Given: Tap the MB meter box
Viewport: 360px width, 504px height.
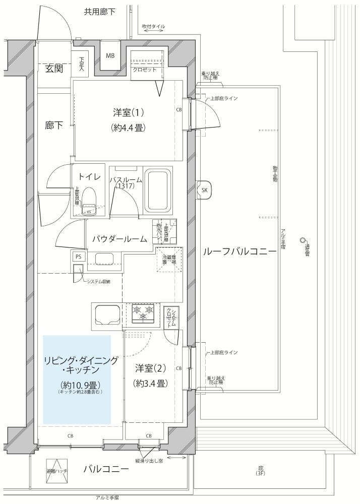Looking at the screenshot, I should (x=109, y=56).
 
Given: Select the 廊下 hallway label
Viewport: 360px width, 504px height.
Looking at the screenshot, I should (x=53, y=125).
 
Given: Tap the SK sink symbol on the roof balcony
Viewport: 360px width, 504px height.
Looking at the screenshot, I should (x=204, y=190).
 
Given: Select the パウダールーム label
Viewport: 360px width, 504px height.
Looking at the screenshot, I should (x=119, y=239).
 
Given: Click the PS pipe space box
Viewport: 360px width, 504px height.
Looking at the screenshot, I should (x=78, y=256).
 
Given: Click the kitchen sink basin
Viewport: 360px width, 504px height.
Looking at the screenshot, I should (x=105, y=315).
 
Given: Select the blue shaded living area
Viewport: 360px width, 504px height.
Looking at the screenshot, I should (x=77, y=380).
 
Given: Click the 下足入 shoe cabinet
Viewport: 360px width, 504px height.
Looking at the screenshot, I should (x=82, y=64).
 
